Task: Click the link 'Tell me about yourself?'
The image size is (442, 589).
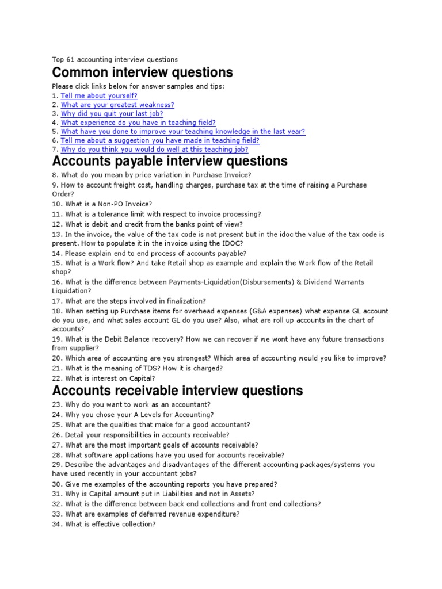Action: tap(98, 96)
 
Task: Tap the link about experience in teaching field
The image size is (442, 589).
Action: tap(138, 123)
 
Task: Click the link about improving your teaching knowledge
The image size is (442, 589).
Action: tap(182, 132)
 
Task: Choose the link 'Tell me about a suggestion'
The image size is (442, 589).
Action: tap(160, 140)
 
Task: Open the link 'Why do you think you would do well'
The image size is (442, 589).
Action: tap(154, 150)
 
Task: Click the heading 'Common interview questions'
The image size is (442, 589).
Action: tap(142, 72)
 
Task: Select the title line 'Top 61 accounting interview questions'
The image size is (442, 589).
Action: tap(115, 59)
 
